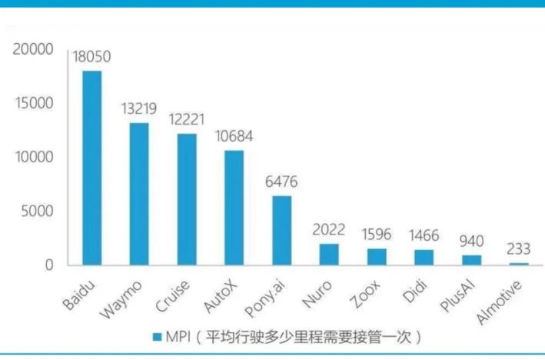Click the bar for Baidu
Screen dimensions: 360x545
pyautogui.click(x=91, y=168)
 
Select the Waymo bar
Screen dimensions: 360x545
pyautogui.click(x=139, y=194)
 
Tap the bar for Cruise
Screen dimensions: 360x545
pyautogui.click(x=187, y=199)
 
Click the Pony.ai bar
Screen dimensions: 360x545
pyautogui.click(x=282, y=230)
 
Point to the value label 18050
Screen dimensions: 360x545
pyautogui.click(x=91, y=57)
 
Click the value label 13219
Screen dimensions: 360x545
pyautogui.click(x=139, y=109)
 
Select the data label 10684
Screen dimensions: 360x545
pyautogui.click(x=234, y=137)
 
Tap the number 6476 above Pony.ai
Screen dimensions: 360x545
pyautogui.click(x=281, y=182)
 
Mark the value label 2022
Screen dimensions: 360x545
pyautogui.click(x=329, y=229)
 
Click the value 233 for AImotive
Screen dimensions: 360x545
pyautogui.click(x=520, y=249)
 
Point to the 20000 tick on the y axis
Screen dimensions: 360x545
pyautogui.click(x=33, y=50)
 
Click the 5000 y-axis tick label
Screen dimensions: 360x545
pyautogui.click(x=37, y=212)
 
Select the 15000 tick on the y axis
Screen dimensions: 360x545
pyautogui.click(x=33, y=104)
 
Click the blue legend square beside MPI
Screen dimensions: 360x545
pyautogui.click(x=157, y=337)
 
